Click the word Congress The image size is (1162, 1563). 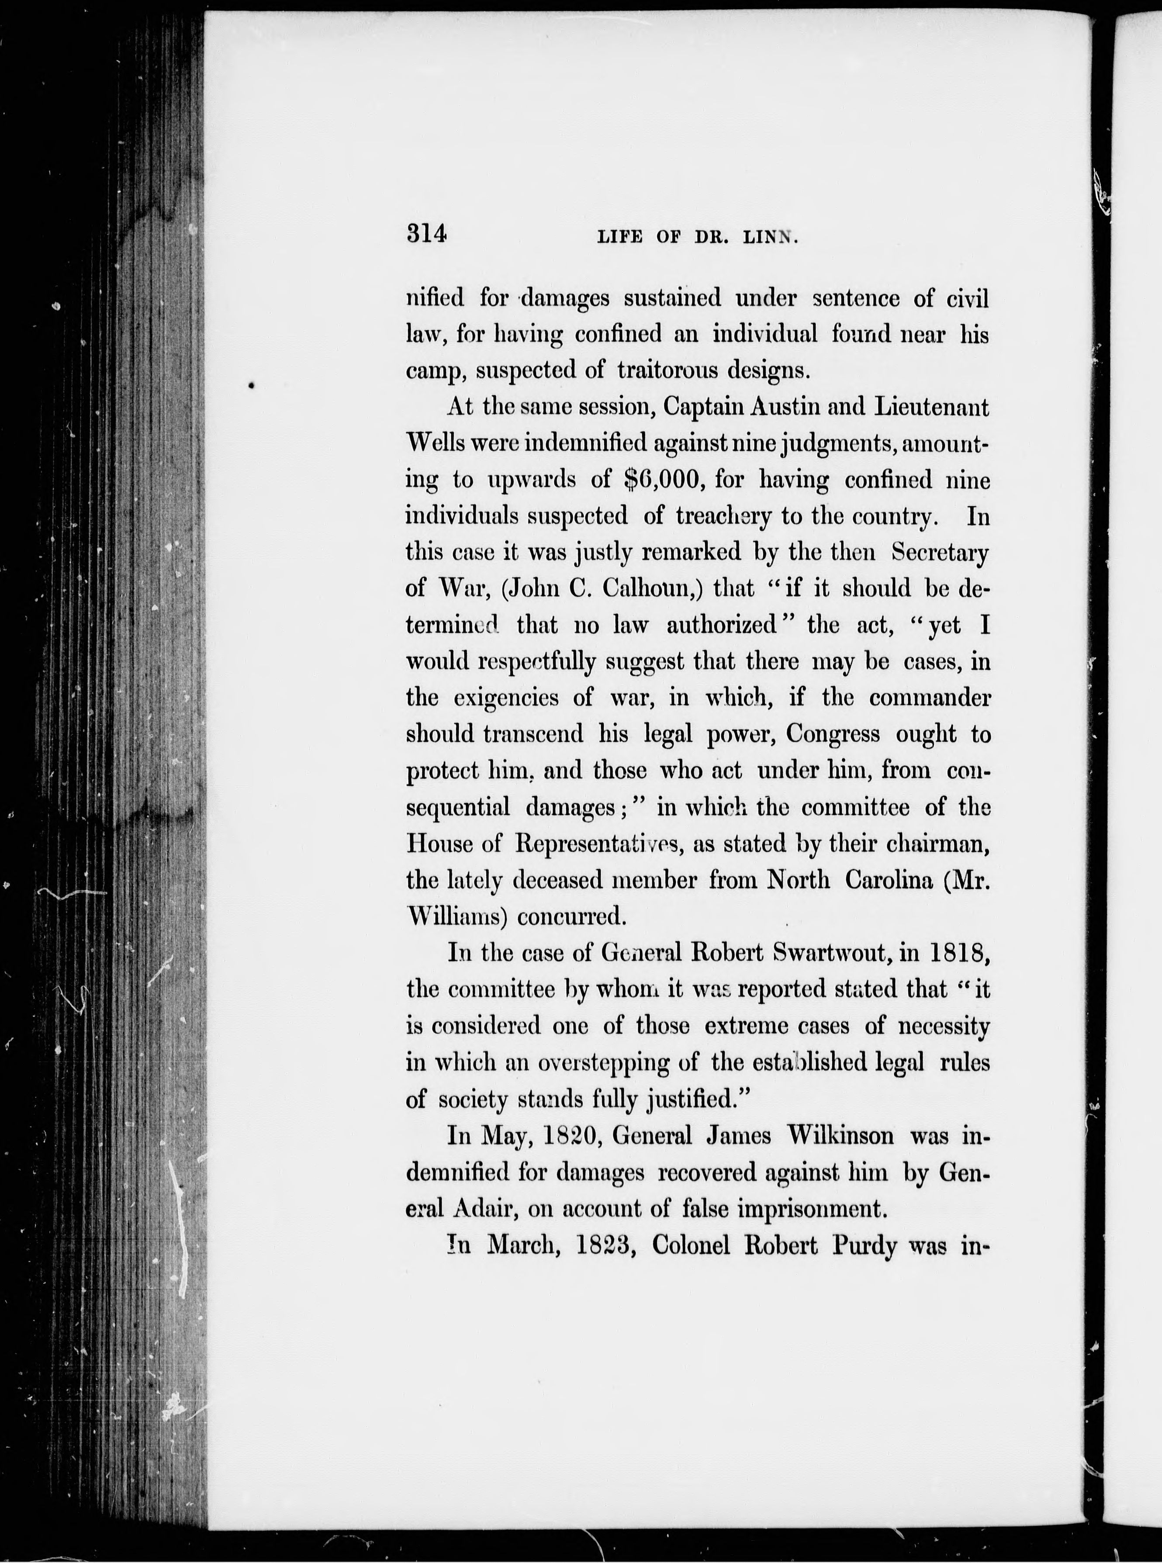(833, 734)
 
